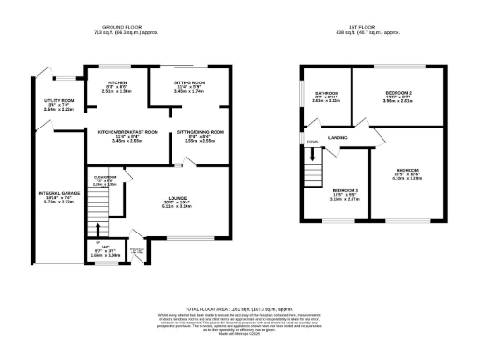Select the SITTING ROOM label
(191, 82)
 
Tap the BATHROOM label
(326, 93)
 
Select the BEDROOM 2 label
(398, 93)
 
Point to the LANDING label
(338, 139)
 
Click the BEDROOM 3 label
(345, 190)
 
